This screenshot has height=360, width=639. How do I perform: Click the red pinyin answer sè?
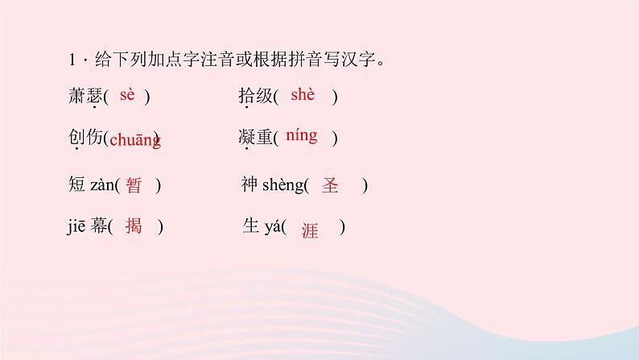126,95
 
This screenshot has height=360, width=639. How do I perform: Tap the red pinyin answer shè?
303,95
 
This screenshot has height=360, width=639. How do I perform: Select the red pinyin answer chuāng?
134,140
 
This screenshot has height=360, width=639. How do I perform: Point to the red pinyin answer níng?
301,135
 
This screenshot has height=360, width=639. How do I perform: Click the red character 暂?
134,185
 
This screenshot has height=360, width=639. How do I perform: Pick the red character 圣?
330,185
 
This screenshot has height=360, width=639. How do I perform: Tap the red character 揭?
134,226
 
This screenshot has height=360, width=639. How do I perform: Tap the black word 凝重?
255,138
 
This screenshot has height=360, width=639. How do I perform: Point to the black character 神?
249,185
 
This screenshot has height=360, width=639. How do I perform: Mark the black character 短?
77,185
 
